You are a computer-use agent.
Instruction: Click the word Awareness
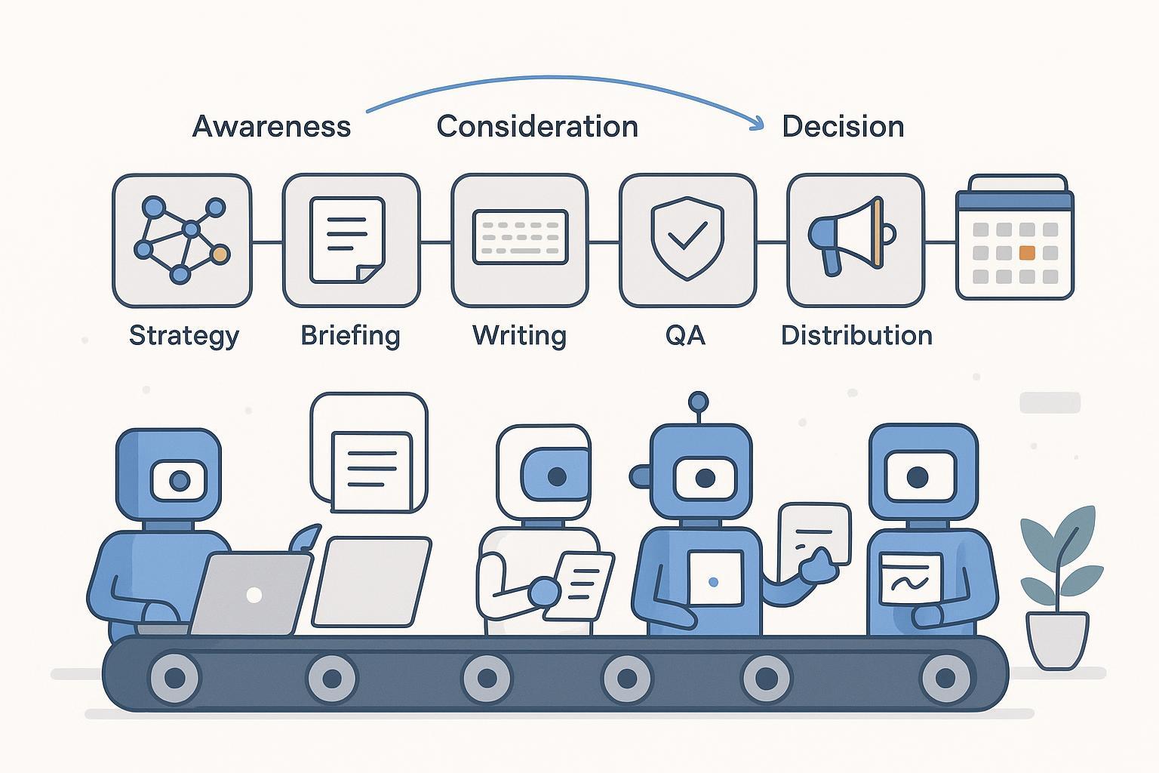pyautogui.click(x=272, y=126)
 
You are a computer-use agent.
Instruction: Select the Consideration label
pyautogui.click(x=537, y=126)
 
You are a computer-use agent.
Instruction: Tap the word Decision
pyautogui.click(x=843, y=126)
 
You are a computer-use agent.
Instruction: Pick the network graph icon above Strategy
pyautogui.click(x=182, y=240)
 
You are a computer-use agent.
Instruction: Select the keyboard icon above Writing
pyautogui.click(x=520, y=236)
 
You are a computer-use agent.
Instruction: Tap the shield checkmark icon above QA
pyautogui.click(x=687, y=238)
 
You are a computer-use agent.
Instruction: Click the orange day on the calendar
pyautogui.click(x=1026, y=253)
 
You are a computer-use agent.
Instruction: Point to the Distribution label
pyautogui.click(x=856, y=335)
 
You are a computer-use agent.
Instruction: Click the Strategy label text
pyautogui.click(x=183, y=335)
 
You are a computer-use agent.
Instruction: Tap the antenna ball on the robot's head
pyautogui.click(x=699, y=402)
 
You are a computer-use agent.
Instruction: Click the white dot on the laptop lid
pyautogui.click(x=254, y=595)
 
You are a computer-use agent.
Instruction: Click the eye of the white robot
pyautogui.click(x=557, y=476)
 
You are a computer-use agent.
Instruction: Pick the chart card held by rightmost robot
pyautogui.click(x=912, y=578)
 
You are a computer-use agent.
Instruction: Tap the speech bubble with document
pyautogui.click(x=370, y=451)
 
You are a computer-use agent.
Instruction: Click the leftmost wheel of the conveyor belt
pyautogui.click(x=175, y=678)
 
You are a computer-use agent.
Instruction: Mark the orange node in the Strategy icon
pyautogui.click(x=220, y=254)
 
